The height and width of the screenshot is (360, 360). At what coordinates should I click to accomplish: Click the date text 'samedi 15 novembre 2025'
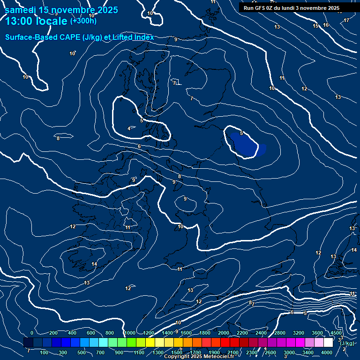(x=61, y=10)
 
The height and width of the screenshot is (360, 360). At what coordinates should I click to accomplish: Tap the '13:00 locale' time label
(x=37, y=21)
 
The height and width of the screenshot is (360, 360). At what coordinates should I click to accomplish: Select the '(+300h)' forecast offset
(x=83, y=21)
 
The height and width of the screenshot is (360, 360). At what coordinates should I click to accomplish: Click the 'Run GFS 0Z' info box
(x=292, y=8)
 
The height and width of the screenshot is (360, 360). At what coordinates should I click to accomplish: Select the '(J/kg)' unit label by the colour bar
(x=347, y=344)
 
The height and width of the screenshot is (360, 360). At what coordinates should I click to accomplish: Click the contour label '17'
(x=346, y=20)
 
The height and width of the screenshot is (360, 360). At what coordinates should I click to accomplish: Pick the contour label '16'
(x=326, y=25)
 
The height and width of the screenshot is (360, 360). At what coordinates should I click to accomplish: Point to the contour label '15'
(x=316, y=26)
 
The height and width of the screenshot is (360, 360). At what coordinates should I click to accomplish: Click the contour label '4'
(x=129, y=128)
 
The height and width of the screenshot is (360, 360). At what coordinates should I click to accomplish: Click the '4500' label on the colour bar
(x=336, y=333)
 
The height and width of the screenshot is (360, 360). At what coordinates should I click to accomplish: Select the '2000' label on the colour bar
(x=224, y=333)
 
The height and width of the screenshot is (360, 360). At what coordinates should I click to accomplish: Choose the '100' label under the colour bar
(x=45, y=352)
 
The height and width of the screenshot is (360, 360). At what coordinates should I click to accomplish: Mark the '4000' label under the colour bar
(x=327, y=352)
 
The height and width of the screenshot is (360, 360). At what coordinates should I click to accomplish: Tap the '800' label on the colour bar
(x=109, y=333)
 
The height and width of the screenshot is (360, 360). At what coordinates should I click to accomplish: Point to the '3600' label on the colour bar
(x=317, y=333)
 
